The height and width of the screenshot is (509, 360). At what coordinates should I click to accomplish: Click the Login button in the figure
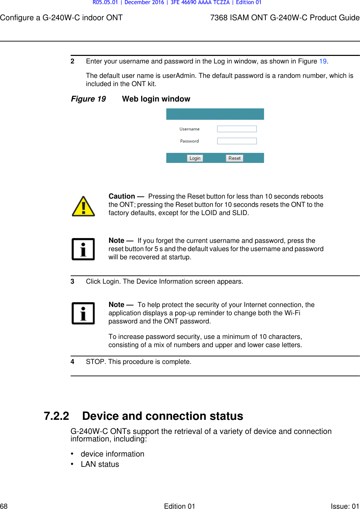point(195,158)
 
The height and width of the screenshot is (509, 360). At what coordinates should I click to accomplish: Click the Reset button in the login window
point(235,158)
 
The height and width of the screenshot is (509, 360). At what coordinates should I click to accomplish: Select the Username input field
point(237,129)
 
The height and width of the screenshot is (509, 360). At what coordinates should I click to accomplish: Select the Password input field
point(237,141)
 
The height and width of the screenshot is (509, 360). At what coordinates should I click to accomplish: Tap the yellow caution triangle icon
point(83,206)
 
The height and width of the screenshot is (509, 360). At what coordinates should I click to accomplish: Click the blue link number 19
point(323,61)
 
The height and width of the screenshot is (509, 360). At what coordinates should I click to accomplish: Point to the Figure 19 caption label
point(88,99)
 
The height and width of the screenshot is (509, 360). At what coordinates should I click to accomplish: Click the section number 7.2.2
point(56,416)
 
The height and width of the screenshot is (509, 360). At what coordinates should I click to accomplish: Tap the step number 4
point(72,362)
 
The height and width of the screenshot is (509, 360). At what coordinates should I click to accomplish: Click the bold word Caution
point(122,196)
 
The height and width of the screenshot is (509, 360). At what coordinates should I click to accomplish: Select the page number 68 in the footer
point(4,506)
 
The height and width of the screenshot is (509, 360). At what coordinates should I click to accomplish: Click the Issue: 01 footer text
point(345,506)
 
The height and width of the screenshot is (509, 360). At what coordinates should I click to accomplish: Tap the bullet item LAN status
point(100,464)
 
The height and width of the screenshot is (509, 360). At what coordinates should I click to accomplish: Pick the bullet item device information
point(112,454)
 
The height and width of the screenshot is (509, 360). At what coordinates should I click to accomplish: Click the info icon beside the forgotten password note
point(83,249)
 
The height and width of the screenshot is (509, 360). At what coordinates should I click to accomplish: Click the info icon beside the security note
point(83,313)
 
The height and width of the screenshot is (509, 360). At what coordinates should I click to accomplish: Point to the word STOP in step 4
point(96,362)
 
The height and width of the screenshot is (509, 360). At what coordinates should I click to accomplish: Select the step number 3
point(72,281)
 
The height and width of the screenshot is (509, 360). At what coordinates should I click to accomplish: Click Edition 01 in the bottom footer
point(179,506)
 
